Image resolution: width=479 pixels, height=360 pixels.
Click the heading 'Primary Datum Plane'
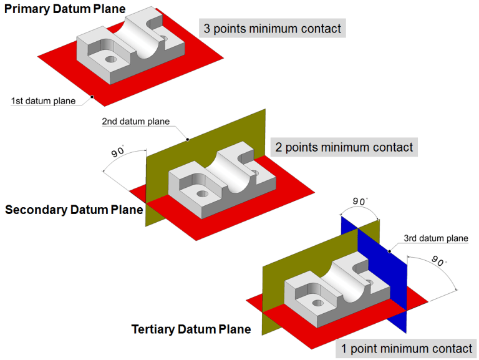(x=64, y=9)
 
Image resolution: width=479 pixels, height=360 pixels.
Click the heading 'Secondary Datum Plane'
(x=74, y=210)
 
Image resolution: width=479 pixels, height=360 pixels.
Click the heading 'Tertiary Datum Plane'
(x=191, y=329)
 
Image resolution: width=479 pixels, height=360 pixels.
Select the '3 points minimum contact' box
(x=272, y=28)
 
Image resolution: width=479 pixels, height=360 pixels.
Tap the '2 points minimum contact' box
(x=344, y=147)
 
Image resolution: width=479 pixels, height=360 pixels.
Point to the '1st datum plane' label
(x=43, y=101)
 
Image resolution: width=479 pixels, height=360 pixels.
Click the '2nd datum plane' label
(x=135, y=122)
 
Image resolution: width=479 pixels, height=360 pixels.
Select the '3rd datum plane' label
(x=435, y=238)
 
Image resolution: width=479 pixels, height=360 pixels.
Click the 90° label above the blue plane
(x=359, y=202)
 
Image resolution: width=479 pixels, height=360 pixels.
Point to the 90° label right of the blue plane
(x=439, y=262)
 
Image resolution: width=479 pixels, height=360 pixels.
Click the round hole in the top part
(x=111, y=59)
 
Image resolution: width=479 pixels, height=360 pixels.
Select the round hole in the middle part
(x=202, y=194)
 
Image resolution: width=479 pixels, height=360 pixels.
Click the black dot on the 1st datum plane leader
(x=92, y=97)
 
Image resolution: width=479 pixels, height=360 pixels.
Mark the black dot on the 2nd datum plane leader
(x=188, y=139)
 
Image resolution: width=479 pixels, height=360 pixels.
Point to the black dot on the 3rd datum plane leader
(x=389, y=252)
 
